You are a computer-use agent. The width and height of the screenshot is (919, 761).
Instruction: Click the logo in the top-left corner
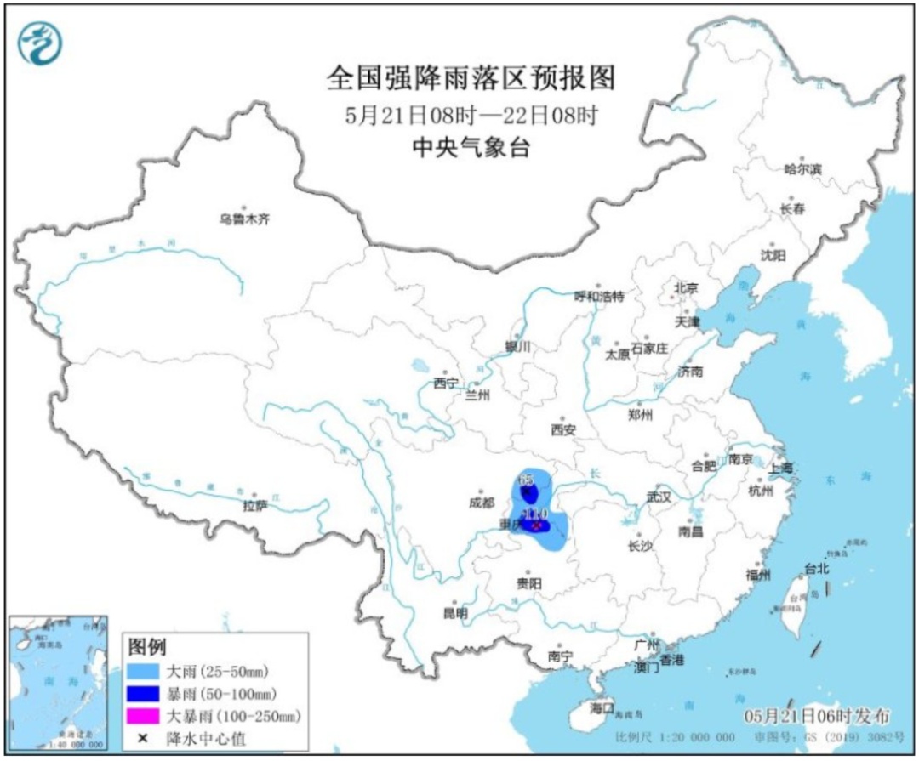38,42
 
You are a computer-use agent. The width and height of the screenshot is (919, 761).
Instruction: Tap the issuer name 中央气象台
471,148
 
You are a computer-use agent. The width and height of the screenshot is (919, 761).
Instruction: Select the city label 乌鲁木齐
243,219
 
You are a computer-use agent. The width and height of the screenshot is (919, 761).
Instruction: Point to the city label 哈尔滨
802,170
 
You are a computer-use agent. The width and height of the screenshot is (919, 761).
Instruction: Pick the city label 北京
686,288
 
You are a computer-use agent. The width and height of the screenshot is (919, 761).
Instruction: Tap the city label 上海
780,469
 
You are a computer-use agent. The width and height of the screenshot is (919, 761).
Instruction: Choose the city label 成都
481,503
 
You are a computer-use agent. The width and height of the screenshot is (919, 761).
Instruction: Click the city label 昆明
455,612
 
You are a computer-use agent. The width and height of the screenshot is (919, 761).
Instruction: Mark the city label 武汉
659,496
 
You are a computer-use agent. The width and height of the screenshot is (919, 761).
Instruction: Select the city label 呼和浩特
599,297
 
